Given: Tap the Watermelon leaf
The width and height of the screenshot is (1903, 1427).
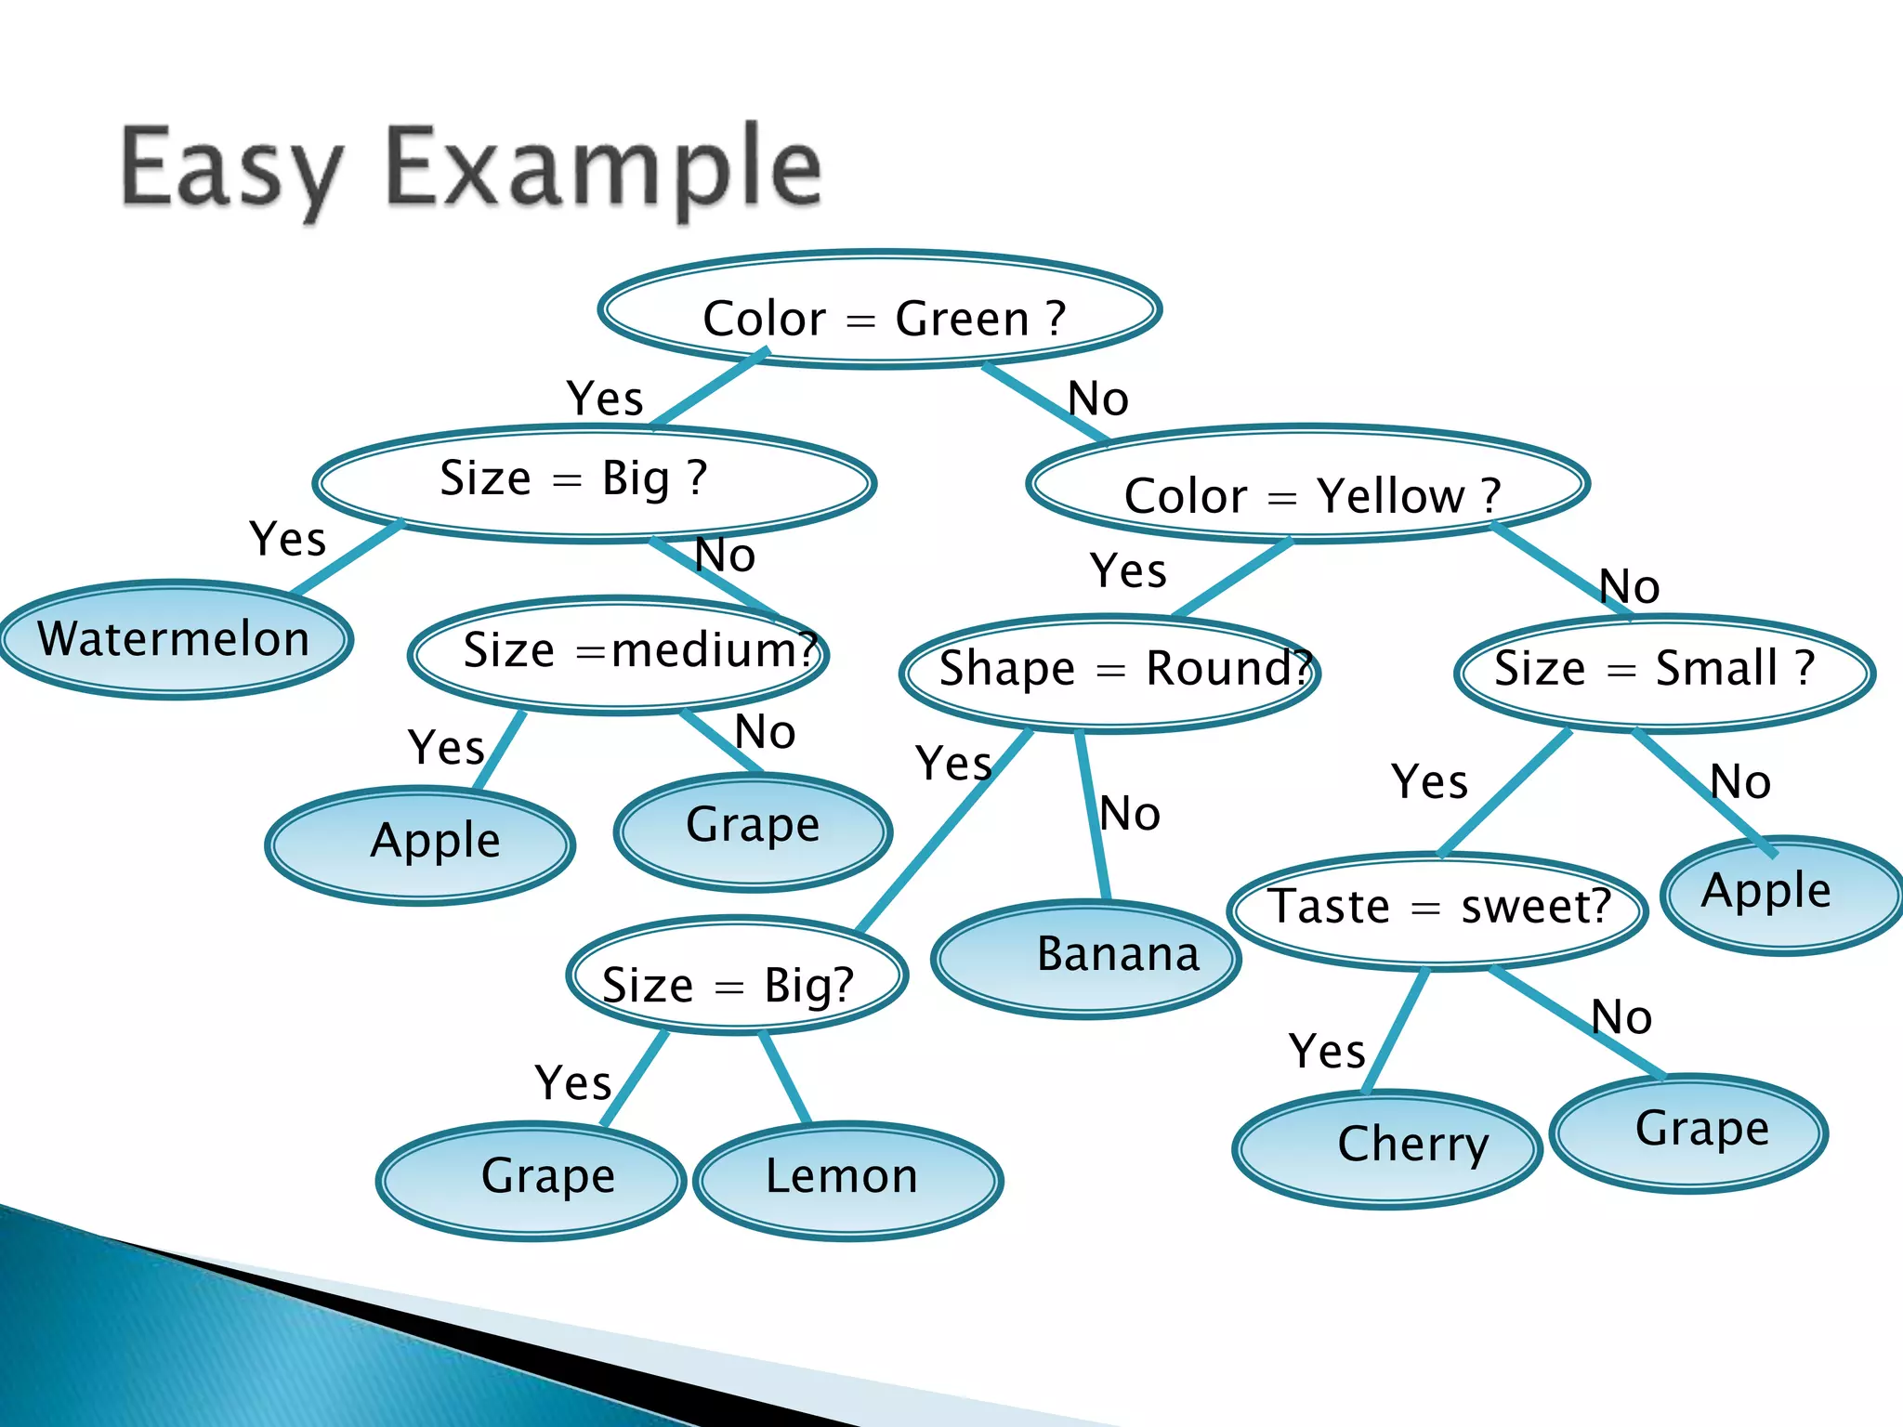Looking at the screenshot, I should [x=175, y=640].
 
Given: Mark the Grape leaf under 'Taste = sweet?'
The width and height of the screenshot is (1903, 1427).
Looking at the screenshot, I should [x=1688, y=1132].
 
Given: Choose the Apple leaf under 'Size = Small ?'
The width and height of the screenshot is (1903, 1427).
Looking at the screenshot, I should [x=1779, y=894].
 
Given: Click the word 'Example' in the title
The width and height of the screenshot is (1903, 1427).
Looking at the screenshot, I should [x=604, y=172].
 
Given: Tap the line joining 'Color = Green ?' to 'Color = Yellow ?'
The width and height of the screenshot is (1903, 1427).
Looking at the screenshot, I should [x=1043, y=401].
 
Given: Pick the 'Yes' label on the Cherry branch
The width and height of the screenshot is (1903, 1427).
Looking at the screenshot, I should [x=1327, y=1053].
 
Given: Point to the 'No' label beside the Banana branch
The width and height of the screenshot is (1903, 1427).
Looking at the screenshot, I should [x=1130, y=815].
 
